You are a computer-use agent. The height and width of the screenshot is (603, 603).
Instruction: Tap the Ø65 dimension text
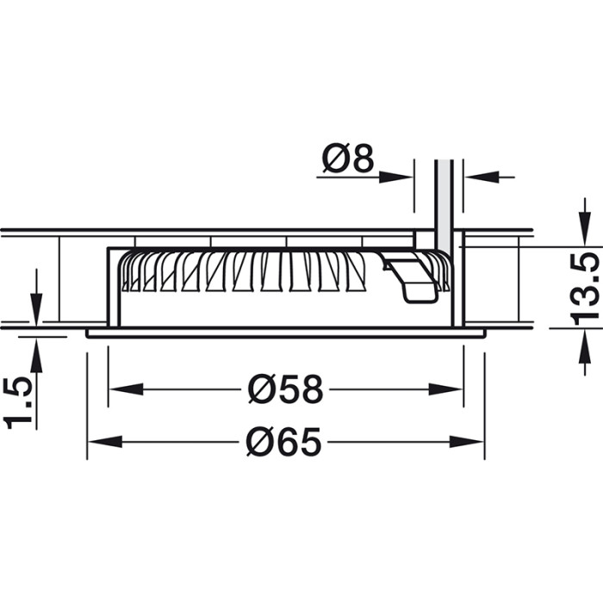283,442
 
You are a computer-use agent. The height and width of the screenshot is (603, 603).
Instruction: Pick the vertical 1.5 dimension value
18,401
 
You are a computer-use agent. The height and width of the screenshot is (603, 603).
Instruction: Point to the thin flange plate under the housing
284,333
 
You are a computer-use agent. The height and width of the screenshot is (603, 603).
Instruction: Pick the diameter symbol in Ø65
261,442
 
